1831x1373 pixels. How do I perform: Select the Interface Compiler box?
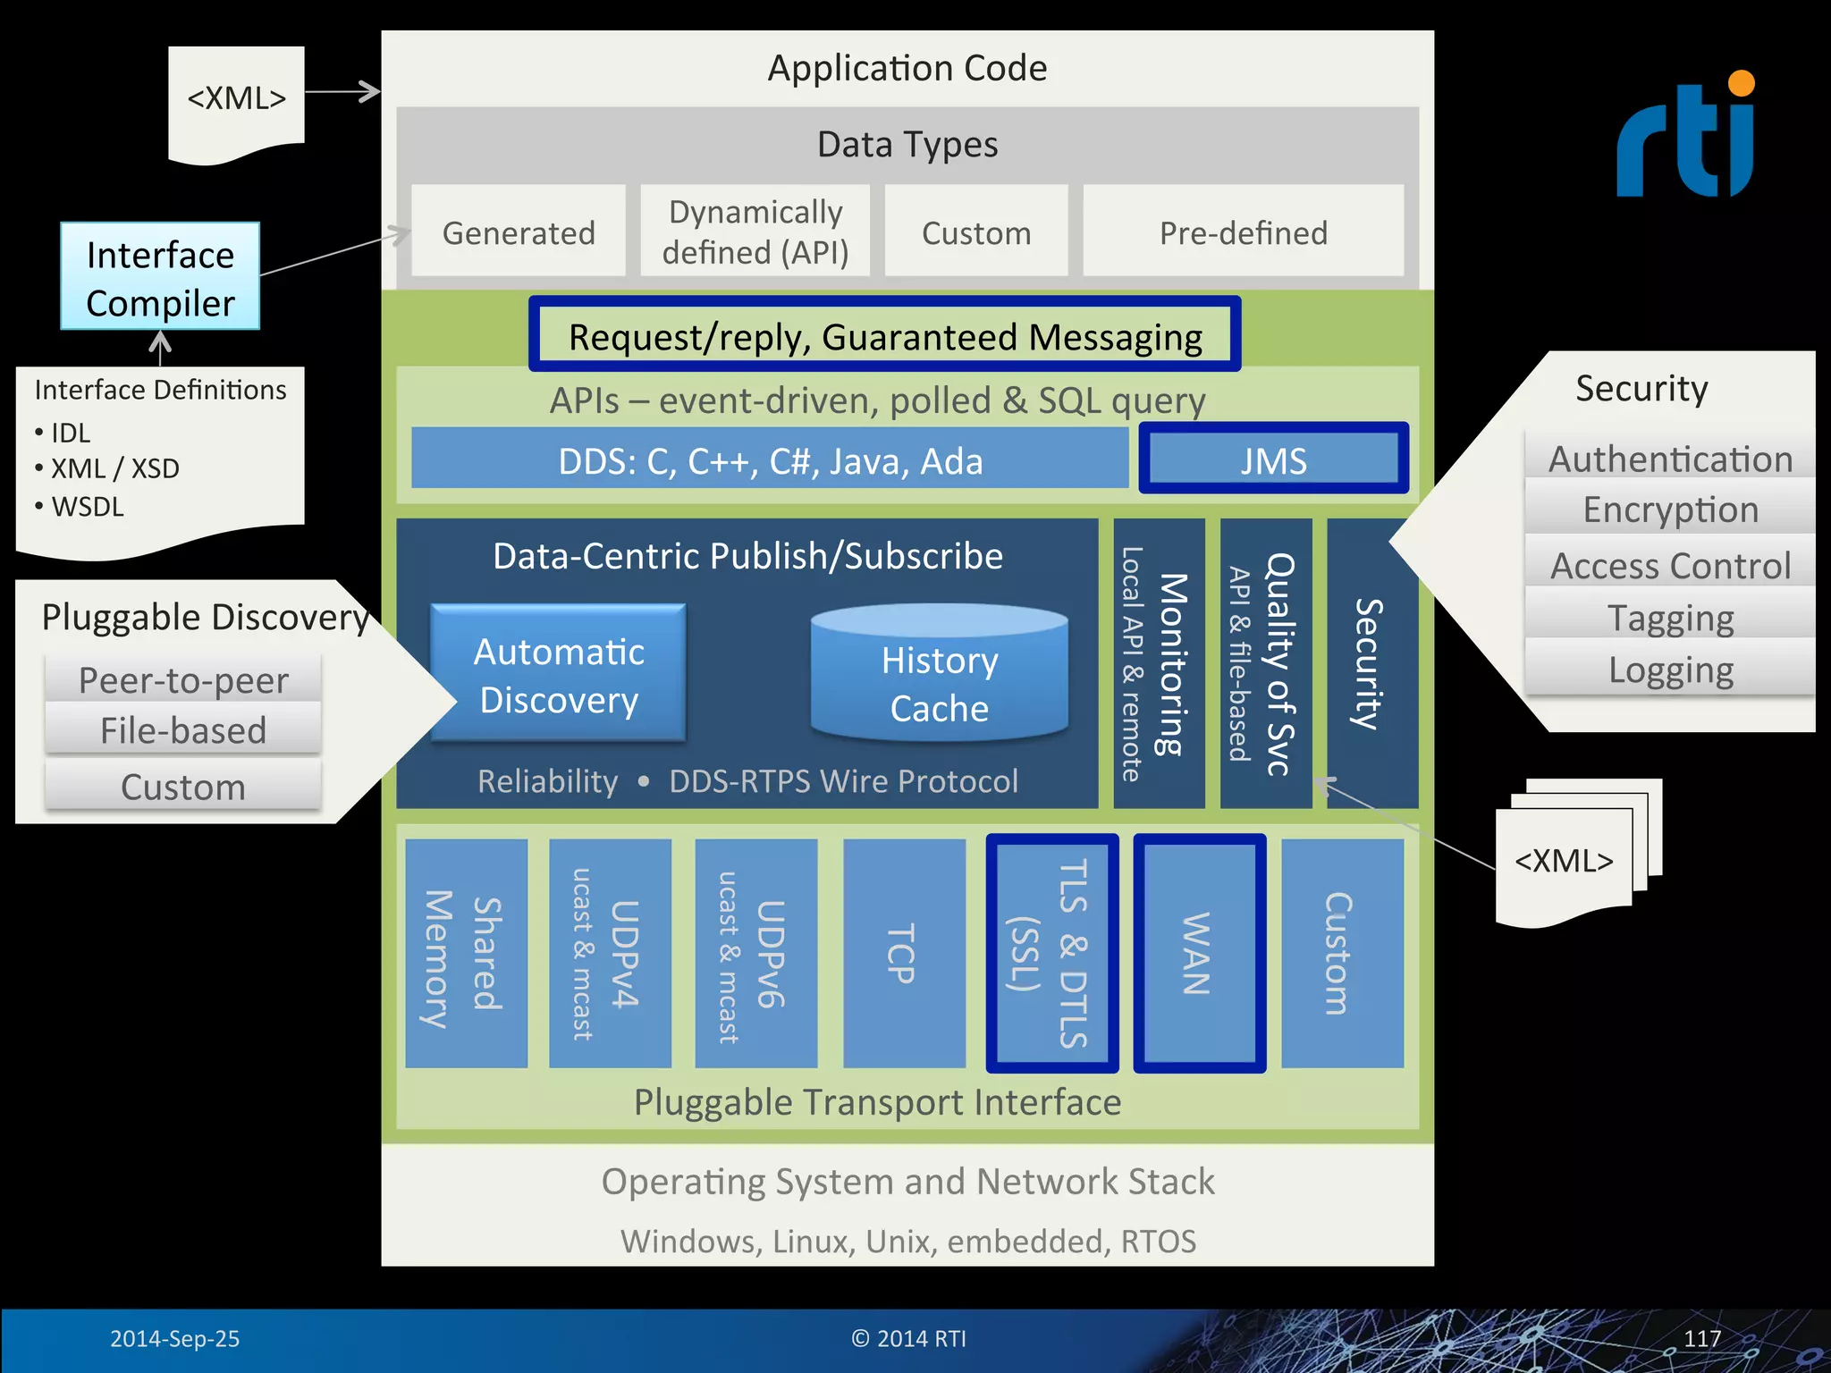click(x=160, y=278)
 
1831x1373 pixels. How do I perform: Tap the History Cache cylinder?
click(x=939, y=676)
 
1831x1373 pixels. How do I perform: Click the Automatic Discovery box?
click(x=559, y=675)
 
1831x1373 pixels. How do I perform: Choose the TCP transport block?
click(x=903, y=953)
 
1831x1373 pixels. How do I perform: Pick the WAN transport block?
click(x=1199, y=953)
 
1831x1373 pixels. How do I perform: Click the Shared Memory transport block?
click(x=465, y=953)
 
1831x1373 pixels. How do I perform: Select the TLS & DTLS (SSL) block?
click(x=1051, y=953)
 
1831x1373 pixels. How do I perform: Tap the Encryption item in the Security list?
click(x=1670, y=510)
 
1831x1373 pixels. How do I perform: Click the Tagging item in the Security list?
click(x=1670, y=618)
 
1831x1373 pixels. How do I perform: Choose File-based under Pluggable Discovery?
click(x=183, y=730)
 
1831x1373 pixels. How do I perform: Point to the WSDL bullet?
click(x=86, y=507)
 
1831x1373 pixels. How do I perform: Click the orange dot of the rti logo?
click(x=1742, y=83)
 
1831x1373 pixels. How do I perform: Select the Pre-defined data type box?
click(x=1243, y=232)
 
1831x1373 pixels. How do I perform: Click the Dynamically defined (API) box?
click(x=755, y=232)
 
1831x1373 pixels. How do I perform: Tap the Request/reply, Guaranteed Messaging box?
click(x=884, y=336)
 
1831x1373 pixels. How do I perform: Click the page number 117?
click(x=1701, y=1338)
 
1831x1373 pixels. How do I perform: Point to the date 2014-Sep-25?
click(x=174, y=1338)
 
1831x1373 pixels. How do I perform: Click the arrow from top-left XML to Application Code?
click(x=342, y=91)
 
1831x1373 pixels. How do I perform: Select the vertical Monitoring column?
click(x=1159, y=663)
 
